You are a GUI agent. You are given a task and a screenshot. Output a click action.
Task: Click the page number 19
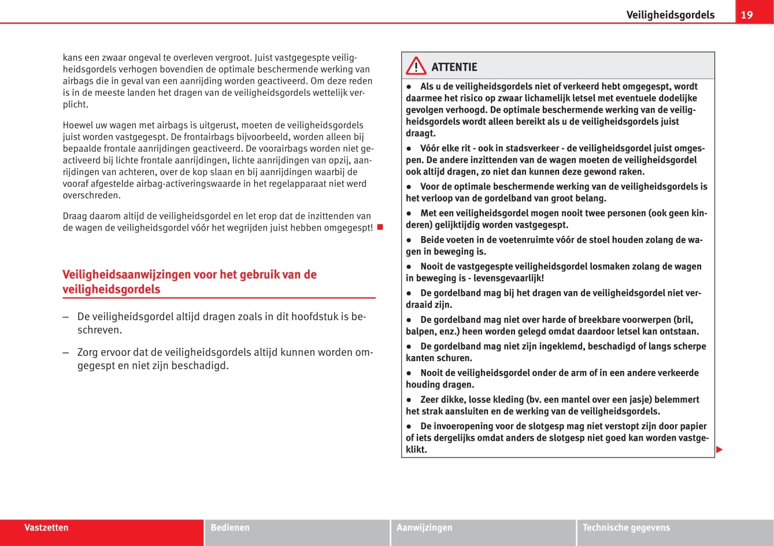tap(747, 15)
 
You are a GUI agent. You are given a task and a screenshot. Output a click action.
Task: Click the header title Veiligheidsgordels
tap(670, 15)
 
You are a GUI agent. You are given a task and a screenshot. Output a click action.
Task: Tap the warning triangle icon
tap(416, 67)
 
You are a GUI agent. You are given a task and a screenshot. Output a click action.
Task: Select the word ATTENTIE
tap(454, 67)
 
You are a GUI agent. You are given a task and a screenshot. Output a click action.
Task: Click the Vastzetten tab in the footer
tap(46, 528)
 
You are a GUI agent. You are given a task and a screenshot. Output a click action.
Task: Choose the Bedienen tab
tap(230, 528)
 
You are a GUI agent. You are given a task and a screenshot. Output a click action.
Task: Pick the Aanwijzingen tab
tap(424, 528)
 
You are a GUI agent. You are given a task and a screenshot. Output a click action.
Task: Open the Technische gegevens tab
tap(626, 528)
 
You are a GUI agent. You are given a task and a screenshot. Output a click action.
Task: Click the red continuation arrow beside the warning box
tap(719, 450)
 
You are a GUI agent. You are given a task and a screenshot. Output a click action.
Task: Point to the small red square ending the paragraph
tap(380, 226)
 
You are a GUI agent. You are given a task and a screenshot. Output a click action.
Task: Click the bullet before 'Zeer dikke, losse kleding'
tap(409, 400)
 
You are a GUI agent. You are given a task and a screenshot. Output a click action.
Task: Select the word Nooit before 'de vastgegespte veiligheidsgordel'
tap(432, 266)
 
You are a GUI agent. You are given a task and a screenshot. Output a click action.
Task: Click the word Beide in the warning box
tap(432, 240)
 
